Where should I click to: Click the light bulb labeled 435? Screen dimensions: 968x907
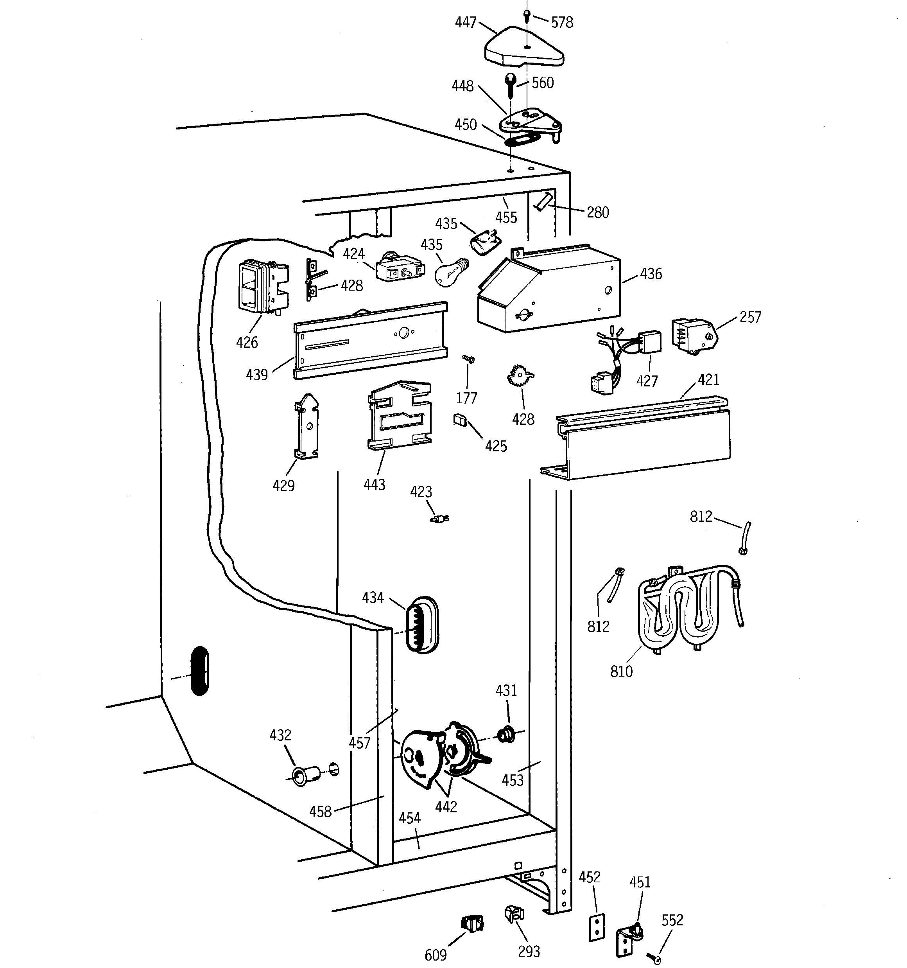click(x=451, y=273)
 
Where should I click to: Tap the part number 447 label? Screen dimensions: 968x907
click(x=466, y=22)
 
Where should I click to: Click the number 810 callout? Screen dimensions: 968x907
click(x=621, y=672)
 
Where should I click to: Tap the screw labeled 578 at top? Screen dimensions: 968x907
click(x=526, y=14)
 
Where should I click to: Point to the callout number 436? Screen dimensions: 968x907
click(x=651, y=274)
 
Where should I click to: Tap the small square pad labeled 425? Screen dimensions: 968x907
click(x=460, y=420)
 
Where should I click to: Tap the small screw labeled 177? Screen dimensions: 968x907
click(x=468, y=359)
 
